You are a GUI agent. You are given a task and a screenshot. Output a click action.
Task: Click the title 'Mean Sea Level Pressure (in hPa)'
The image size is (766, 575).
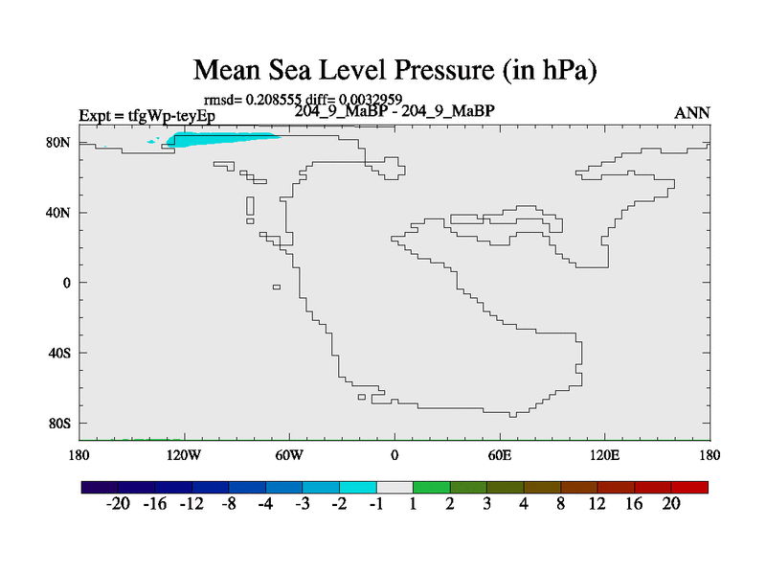394,70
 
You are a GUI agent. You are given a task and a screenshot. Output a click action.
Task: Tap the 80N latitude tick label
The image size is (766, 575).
61,142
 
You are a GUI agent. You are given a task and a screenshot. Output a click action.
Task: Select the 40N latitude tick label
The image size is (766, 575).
61,213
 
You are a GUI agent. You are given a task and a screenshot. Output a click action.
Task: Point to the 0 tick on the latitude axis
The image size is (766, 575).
68,283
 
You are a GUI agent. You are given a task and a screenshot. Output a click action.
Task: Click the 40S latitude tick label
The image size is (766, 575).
61,353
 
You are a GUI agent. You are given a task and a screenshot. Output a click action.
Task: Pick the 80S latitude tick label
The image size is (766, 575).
61,423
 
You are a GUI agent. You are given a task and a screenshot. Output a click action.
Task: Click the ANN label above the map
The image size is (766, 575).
692,113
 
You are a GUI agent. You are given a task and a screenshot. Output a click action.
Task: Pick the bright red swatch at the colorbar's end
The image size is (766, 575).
690,487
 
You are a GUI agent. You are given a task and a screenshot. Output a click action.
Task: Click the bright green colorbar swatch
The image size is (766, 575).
432,487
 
